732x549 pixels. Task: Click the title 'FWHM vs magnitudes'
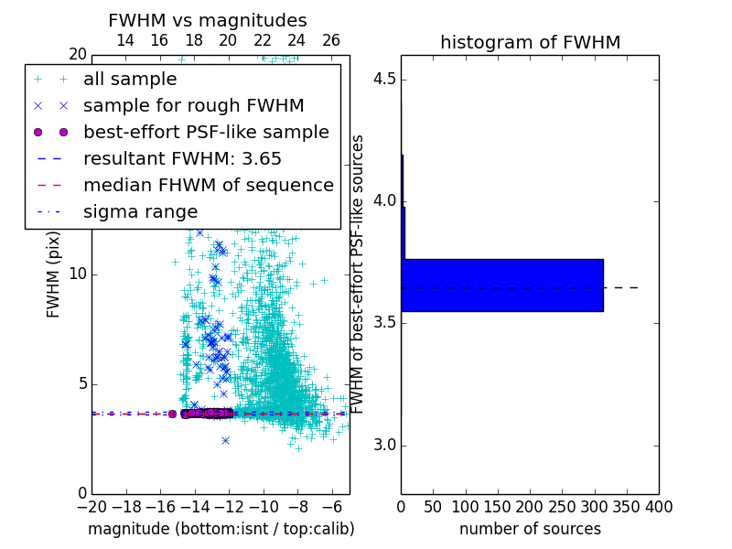[208, 20]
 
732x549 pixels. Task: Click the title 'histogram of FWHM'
[530, 42]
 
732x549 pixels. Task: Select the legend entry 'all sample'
[130, 80]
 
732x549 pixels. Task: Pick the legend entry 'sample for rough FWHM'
[194, 105]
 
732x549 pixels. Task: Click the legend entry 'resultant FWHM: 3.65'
[182, 158]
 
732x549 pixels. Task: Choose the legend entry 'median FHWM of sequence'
[209, 185]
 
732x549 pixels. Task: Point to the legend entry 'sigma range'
[140, 211]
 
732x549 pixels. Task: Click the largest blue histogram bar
[502, 285]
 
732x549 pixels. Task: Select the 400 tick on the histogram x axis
[659, 506]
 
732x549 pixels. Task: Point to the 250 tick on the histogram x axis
[562, 506]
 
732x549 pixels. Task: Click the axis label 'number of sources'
[530, 529]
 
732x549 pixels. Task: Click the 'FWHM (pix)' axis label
[54, 274]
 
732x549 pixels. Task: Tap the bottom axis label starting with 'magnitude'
[221, 529]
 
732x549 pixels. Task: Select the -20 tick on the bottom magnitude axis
[91, 506]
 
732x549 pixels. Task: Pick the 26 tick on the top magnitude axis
[331, 40]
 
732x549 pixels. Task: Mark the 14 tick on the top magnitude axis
[125, 40]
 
